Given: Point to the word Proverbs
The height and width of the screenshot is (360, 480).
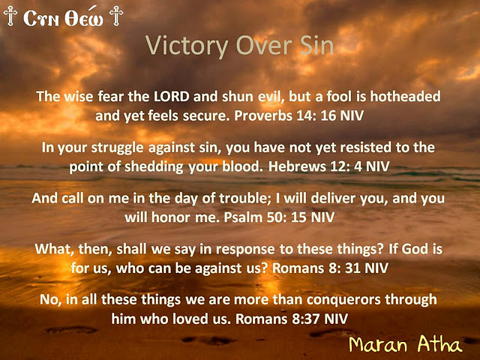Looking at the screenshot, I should point(272,116).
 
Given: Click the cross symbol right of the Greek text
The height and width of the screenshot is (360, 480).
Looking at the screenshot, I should point(115,15).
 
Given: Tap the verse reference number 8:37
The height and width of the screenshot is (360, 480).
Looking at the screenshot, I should point(308,319).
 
